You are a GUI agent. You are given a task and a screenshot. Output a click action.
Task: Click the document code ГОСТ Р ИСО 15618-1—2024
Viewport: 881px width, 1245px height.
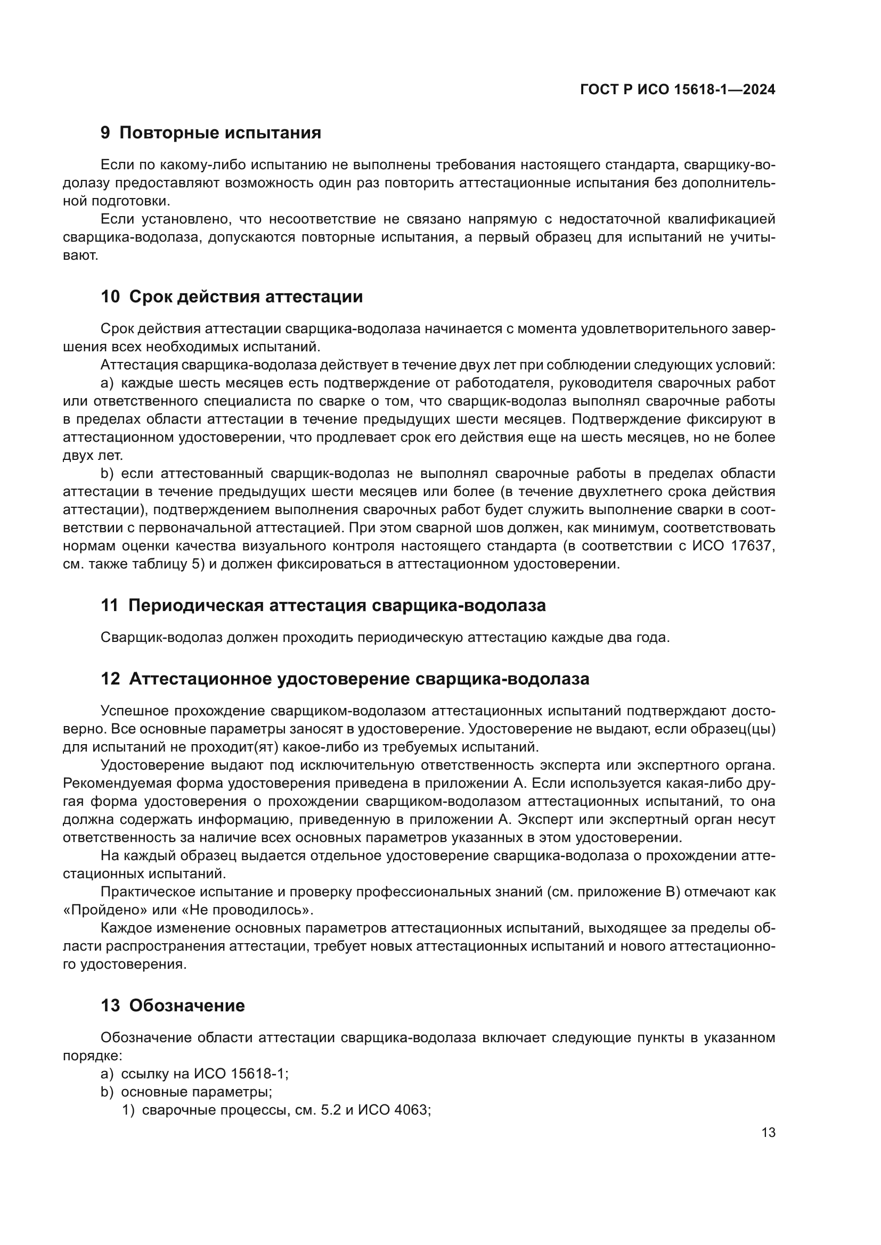(677, 89)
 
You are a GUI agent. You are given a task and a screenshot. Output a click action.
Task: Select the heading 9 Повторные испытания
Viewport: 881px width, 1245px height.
(211, 133)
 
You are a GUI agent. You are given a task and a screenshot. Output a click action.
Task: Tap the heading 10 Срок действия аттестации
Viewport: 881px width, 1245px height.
(232, 297)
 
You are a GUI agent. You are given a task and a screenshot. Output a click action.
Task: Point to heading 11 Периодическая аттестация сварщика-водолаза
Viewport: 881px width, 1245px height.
(323, 606)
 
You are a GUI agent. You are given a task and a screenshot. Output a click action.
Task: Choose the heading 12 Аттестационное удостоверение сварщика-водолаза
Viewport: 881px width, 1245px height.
(345, 679)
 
